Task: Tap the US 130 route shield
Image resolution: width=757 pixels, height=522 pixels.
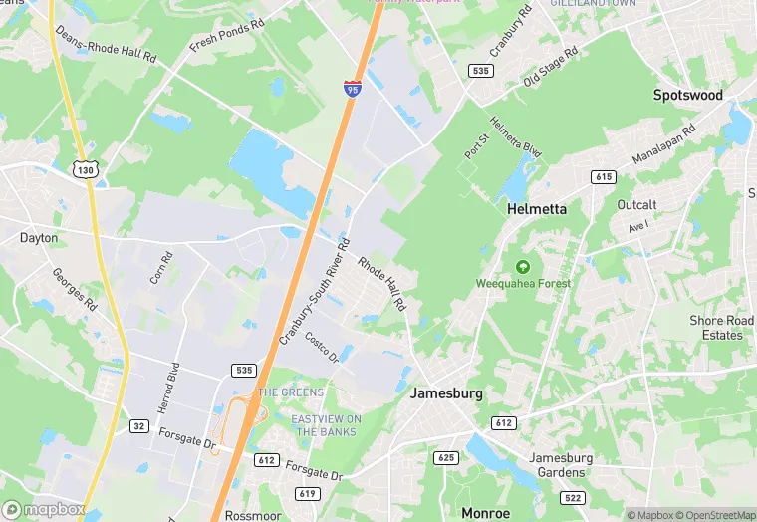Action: coord(84,170)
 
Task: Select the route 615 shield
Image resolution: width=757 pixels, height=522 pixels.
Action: coord(603,176)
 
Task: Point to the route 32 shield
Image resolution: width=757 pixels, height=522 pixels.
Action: coord(138,426)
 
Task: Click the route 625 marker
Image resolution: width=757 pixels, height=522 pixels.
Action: coord(445,457)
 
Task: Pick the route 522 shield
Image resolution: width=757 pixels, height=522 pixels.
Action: coord(571,497)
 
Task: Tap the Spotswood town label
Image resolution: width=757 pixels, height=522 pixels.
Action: coord(688,95)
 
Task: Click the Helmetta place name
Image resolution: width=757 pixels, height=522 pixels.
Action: coord(537,210)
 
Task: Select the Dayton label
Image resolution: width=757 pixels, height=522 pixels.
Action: coord(39,238)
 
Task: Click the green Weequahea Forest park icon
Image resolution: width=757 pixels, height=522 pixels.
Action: coord(522,266)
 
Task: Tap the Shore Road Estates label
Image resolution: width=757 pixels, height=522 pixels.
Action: coord(722,328)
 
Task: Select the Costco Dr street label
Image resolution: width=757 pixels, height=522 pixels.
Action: coord(323,348)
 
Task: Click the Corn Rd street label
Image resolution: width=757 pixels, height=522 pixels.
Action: coord(162,267)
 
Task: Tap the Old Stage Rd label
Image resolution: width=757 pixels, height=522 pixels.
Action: coord(550,66)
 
